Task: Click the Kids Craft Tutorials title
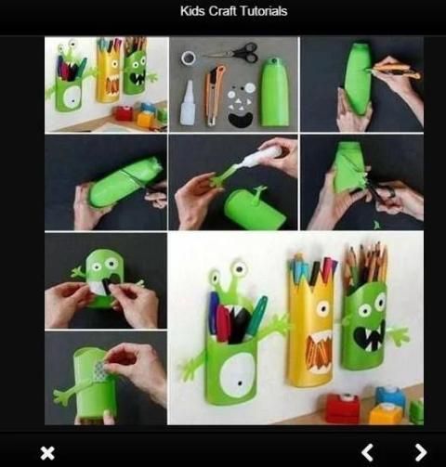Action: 234,11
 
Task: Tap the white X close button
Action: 47,453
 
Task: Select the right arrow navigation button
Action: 421,452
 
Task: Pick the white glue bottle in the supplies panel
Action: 188,102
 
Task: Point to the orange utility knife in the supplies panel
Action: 213,96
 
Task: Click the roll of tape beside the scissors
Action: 189,58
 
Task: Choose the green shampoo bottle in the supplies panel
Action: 274,92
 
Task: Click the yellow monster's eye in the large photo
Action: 322,308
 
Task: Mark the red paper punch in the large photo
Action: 344,407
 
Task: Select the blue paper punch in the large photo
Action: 390,396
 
